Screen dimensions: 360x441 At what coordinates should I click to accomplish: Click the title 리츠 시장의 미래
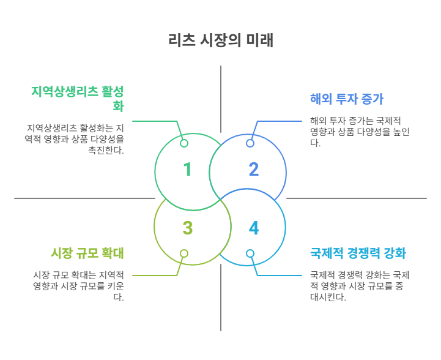pos(220,40)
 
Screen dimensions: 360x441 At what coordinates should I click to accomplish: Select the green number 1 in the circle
pos(188,170)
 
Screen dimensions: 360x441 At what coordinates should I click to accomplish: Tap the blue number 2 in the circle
pos(253,170)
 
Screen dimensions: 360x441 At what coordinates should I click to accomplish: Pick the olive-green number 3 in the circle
pos(188,228)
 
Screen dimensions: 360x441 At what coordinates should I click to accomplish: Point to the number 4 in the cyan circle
pos(253,228)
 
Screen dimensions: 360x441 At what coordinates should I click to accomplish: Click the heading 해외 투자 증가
pos(347,100)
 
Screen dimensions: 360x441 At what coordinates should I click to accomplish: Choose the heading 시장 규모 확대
pos(88,253)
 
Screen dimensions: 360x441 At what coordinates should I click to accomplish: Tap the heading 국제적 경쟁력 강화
pos(358,253)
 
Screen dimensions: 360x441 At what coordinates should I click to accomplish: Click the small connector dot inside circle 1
pos(184,143)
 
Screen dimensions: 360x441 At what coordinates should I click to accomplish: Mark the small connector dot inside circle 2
pos(250,143)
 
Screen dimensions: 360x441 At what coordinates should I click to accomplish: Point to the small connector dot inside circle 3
pos(184,253)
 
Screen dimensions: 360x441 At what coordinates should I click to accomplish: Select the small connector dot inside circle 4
pos(250,253)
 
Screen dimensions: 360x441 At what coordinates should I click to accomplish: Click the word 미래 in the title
pos(260,40)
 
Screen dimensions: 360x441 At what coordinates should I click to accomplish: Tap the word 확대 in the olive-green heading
pos(113,253)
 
